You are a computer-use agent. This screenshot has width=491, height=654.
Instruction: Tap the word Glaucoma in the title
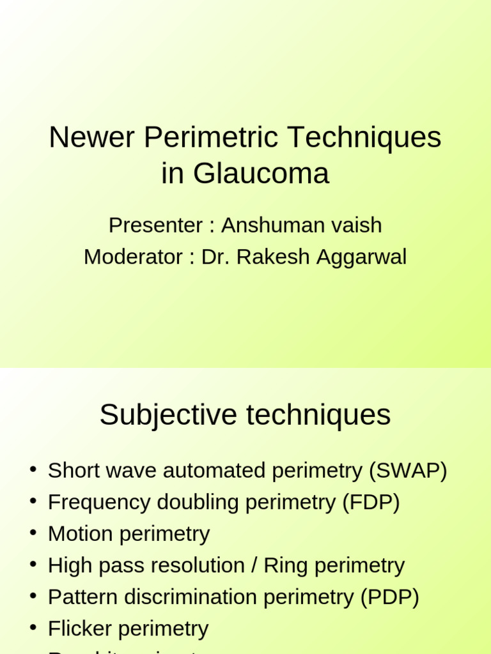click(x=261, y=174)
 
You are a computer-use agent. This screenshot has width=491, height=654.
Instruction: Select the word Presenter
click(x=155, y=225)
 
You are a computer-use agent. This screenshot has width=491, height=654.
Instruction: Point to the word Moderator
click(x=133, y=257)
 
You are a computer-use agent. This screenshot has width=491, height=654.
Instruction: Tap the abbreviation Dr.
click(x=215, y=257)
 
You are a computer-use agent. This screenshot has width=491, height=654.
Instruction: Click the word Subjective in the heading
click(x=168, y=415)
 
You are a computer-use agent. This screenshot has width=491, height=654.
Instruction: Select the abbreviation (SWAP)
click(x=408, y=471)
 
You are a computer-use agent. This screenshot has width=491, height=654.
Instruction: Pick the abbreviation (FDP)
click(x=371, y=502)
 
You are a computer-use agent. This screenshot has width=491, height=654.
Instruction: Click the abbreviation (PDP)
click(x=390, y=597)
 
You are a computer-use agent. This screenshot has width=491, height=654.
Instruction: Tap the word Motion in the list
click(x=79, y=534)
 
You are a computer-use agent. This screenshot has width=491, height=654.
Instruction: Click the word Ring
click(x=285, y=565)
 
